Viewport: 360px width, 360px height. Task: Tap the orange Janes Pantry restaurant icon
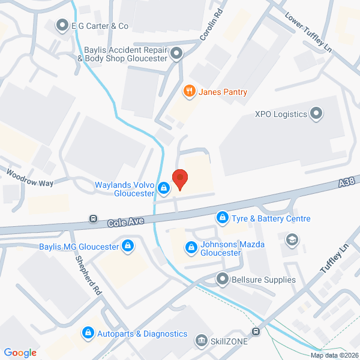[x=189, y=91]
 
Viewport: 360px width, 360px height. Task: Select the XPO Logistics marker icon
[x=316, y=113]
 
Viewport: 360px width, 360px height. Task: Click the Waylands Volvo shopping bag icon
[x=163, y=190]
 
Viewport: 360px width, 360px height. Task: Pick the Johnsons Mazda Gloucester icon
[x=191, y=247]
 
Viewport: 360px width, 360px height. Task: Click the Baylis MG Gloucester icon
[x=127, y=245]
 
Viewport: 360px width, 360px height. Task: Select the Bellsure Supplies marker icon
[x=223, y=279]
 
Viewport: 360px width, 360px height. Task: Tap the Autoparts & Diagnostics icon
[x=88, y=332]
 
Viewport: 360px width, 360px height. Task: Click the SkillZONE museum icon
[x=201, y=340]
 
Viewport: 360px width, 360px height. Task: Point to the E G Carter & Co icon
[x=62, y=25]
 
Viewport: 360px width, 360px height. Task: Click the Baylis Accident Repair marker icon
[x=176, y=55]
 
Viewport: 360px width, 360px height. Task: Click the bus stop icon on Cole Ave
[x=93, y=218]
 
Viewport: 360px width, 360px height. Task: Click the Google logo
[x=20, y=352]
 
